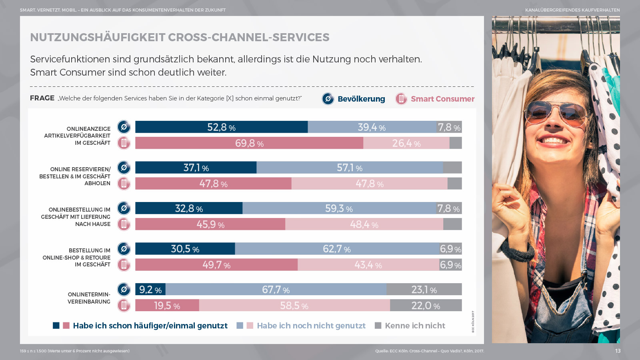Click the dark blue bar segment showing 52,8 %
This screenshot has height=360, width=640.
[221, 127]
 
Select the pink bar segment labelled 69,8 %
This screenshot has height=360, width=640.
[249, 143]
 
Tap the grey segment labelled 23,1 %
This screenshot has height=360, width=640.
[424, 289]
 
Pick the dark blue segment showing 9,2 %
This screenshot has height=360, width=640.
[150, 289]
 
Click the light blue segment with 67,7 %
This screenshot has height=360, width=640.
[276, 289]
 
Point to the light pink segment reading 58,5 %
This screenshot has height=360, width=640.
[294, 306]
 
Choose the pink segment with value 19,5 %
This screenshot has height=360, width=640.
[167, 306]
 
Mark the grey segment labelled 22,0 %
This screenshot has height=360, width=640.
[426, 306]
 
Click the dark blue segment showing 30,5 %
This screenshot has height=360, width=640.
[185, 249]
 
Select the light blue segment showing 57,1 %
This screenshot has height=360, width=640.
[350, 168]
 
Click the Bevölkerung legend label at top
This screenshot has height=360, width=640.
[361, 99]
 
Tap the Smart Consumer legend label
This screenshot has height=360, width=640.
[442, 99]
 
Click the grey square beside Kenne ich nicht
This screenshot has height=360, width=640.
[378, 326]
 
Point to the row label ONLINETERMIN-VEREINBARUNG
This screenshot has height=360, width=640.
[89, 298]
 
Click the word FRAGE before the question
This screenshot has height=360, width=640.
[42, 98]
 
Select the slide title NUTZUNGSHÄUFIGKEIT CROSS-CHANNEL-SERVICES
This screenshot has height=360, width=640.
[180, 37]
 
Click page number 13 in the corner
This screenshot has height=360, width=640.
[618, 351]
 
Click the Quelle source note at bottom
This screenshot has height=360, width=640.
[429, 351]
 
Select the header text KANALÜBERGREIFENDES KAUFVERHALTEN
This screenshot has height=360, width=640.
[572, 10]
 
